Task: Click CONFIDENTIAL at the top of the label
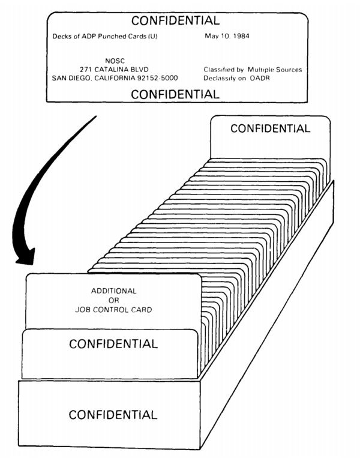pos(175,21)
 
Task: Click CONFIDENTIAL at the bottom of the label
pos(175,94)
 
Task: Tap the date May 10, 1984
pos(228,37)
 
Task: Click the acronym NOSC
pos(114,60)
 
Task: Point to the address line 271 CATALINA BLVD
pos(114,69)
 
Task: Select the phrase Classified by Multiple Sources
pos(253,70)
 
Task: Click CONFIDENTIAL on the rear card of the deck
pos(270,128)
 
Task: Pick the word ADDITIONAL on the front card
pos(114,291)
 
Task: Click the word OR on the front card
pos(114,301)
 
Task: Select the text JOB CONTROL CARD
pos(114,310)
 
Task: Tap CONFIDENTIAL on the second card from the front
pos(113,344)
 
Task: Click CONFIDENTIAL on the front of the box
pos(113,414)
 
